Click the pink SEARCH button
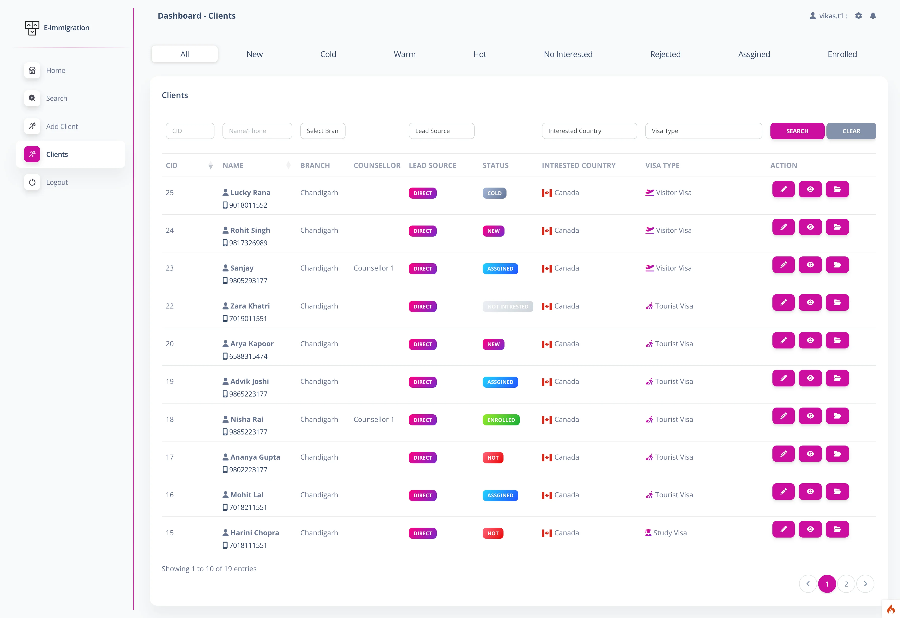797,131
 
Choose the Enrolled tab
842,54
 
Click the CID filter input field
190,131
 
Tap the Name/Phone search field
257,131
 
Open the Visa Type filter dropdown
703,131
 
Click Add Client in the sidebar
62,126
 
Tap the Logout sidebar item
57,182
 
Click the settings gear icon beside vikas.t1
859,16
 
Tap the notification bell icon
873,16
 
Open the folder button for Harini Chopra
837,529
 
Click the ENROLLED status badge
501,420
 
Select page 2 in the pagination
846,584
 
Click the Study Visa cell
666,533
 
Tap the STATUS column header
495,165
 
